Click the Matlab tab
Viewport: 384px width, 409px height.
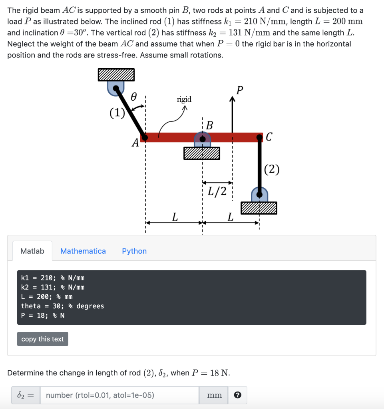[32, 251]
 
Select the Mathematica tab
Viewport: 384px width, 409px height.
[83, 251]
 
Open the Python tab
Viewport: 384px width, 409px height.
[134, 251]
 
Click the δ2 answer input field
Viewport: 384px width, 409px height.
[119, 395]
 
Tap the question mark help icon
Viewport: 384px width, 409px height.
[237, 395]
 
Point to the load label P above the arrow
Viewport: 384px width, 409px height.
[239, 90]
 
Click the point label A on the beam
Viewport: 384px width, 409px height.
[135, 142]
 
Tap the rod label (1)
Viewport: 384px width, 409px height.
[117, 113]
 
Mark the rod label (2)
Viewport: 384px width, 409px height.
[272, 169]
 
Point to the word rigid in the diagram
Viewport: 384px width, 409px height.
[184, 99]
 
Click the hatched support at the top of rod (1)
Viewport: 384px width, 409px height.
[116, 75]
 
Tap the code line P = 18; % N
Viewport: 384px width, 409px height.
[43, 316]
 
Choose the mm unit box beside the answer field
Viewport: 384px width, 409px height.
[215, 395]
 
